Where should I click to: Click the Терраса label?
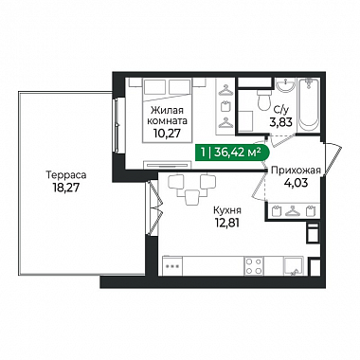(66, 175)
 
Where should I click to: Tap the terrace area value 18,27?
(66, 188)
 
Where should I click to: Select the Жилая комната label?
(168, 116)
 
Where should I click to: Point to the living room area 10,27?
(168, 134)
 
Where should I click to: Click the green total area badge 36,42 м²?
(232, 153)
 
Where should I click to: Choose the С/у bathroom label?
(281, 110)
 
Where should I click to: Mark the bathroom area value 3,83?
(279, 121)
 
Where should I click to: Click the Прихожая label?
(296, 171)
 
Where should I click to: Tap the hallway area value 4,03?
(296, 183)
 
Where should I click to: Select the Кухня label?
(227, 210)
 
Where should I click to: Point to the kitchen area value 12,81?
(226, 223)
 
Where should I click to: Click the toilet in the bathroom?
(264, 99)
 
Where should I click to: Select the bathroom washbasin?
(286, 85)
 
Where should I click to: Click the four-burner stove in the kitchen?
(254, 266)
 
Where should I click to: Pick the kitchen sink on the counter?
(294, 266)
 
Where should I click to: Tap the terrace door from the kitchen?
(154, 207)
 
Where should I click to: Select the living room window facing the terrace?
(117, 125)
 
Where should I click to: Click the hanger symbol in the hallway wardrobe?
(293, 210)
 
